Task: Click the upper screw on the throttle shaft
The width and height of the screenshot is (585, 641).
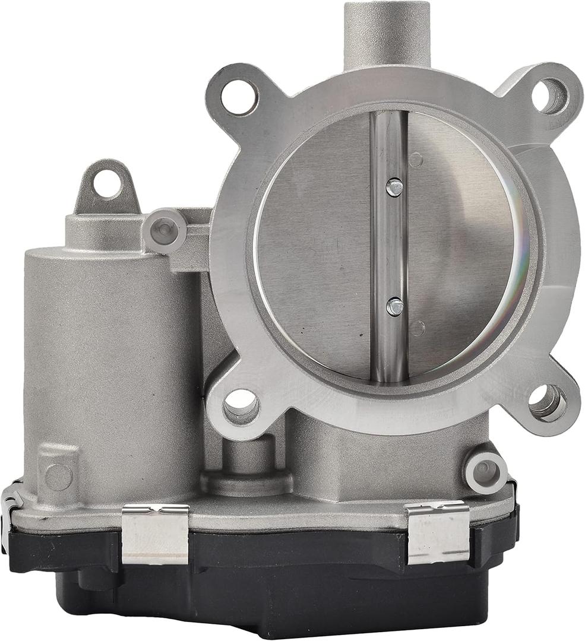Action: click(394, 187)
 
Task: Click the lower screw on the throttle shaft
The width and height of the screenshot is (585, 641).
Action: click(394, 306)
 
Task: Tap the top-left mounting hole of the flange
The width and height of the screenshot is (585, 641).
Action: click(239, 97)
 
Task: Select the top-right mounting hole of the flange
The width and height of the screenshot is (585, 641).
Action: click(549, 96)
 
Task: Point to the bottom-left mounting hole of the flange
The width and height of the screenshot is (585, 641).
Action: click(241, 407)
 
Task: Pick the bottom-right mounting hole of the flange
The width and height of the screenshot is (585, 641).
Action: click(546, 403)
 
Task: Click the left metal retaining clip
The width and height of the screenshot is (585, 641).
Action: click(155, 534)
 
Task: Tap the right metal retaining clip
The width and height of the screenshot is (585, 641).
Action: click(438, 532)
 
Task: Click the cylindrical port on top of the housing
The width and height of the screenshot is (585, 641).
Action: click(387, 33)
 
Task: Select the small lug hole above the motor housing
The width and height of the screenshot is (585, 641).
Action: click(107, 183)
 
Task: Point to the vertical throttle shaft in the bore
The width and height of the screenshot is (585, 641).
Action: click(388, 249)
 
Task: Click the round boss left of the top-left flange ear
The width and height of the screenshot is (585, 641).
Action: click(164, 230)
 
